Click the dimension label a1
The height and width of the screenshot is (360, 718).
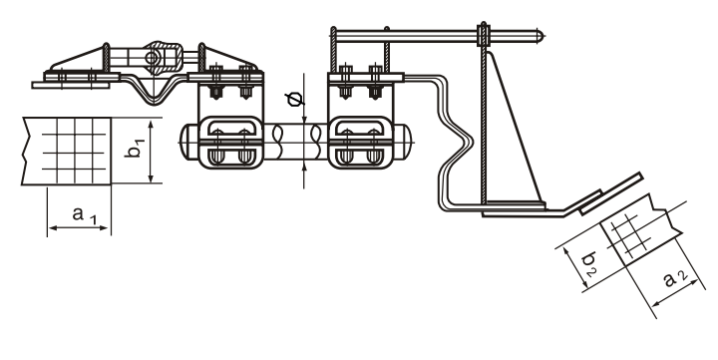click(84, 215)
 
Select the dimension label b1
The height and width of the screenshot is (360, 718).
click(135, 147)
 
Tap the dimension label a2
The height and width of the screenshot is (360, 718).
click(675, 278)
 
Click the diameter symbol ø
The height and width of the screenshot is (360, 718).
click(294, 99)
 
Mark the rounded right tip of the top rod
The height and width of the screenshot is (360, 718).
click(540, 35)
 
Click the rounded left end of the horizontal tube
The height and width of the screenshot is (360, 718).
click(183, 143)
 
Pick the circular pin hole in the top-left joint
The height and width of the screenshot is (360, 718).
click(151, 58)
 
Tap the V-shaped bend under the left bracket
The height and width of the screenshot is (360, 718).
click(155, 94)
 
